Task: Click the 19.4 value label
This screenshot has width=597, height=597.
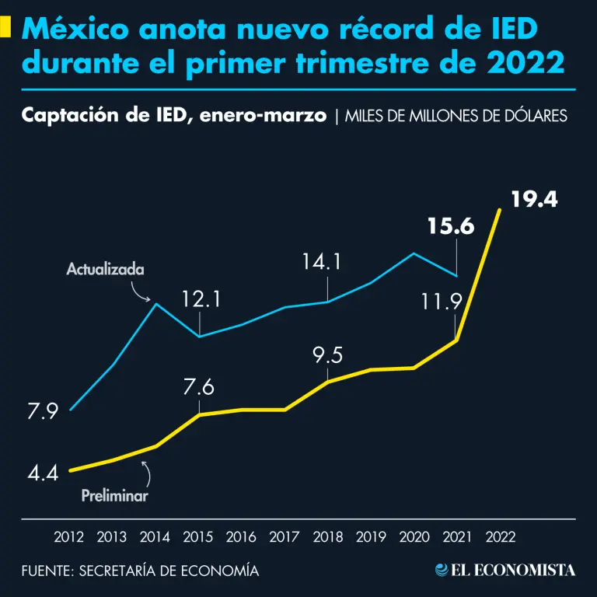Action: click(x=534, y=200)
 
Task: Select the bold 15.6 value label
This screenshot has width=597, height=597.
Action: click(x=450, y=226)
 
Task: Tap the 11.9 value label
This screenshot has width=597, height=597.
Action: click(x=442, y=302)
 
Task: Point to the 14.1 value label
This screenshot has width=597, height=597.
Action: click(x=322, y=263)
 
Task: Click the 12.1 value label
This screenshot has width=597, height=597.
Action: click(x=202, y=299)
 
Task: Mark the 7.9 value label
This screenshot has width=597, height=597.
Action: click(x=43, y=411)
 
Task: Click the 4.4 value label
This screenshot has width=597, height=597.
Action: click(x=42, y=472)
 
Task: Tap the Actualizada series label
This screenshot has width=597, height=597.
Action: click(x=105, y=270)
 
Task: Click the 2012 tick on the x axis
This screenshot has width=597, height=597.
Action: click(x=69, y=536)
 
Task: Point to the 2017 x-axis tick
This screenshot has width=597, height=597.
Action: click(x=285, y=536)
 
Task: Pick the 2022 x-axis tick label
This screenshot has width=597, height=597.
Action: click(x=499, y=536)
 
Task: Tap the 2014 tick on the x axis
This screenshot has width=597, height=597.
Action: click(x=155, y=536)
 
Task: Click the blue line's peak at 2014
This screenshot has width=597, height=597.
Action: click(x=156, y=304)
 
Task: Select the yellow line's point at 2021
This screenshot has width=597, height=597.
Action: click(x=456, y=340)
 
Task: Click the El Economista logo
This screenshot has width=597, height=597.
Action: click(x=505, y=570)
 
